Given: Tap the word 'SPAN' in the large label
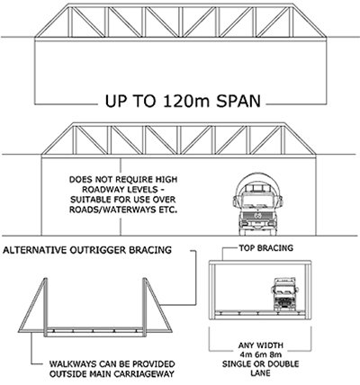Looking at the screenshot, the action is (x=238, y=101).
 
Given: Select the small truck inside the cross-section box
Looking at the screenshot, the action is (x=284, y=294).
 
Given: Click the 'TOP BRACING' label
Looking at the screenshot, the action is (x=265, y=248).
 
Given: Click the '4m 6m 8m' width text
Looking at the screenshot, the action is (x=260, y=354).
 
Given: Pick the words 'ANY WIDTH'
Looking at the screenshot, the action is (x=260, y=345).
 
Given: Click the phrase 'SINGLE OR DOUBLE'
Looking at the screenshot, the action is (x=260, y=364).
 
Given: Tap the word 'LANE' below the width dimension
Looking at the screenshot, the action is (x=260, y=373).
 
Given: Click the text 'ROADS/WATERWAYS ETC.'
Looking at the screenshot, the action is (x=123, y=210).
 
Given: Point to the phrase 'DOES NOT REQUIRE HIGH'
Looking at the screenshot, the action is (x=123, y=180).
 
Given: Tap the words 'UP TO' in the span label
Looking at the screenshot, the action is (x=130, y=101).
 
